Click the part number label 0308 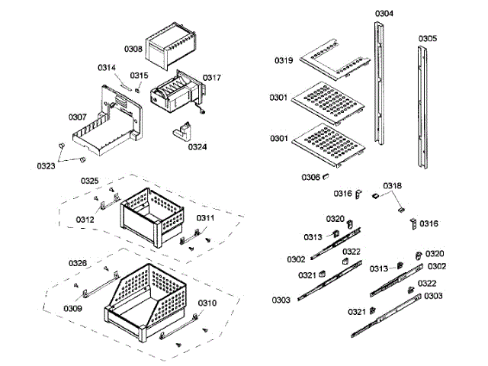click(x=133, y=49)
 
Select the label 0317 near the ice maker click(x=211, y=77)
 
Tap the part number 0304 click(x=384, y=14)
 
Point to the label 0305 click(x=428, y=38)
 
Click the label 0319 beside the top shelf click(x=284, y=59)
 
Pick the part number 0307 click(x=78, y=117)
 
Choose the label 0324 click(x=197, y=146)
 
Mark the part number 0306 click(x=310, y=177)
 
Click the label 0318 click(x=392, y=186)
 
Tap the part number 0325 click(x=89, y=181)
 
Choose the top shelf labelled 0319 click(x=328, y=60)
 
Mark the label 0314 click(x=107, y=68)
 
